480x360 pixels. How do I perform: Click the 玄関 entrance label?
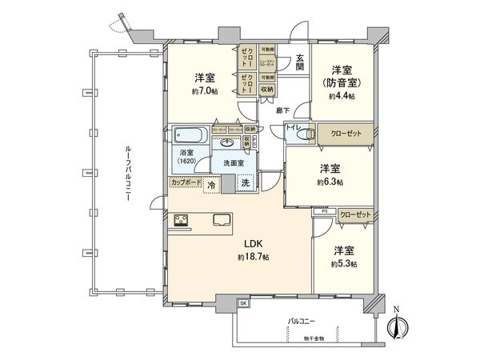299,62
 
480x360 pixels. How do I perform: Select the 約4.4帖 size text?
341,96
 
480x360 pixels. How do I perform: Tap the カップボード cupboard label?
185,182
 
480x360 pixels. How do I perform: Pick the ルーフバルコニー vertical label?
128,176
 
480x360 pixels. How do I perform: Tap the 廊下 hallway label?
283,110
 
